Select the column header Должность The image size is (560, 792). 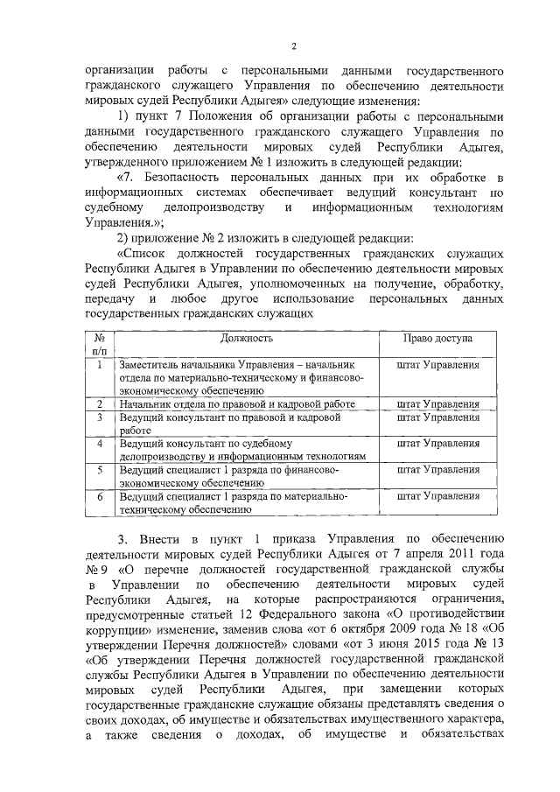[247, 338]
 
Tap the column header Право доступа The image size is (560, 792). [437, 338]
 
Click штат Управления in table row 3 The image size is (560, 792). [437, 417]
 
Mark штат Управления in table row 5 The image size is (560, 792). [437, 470]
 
